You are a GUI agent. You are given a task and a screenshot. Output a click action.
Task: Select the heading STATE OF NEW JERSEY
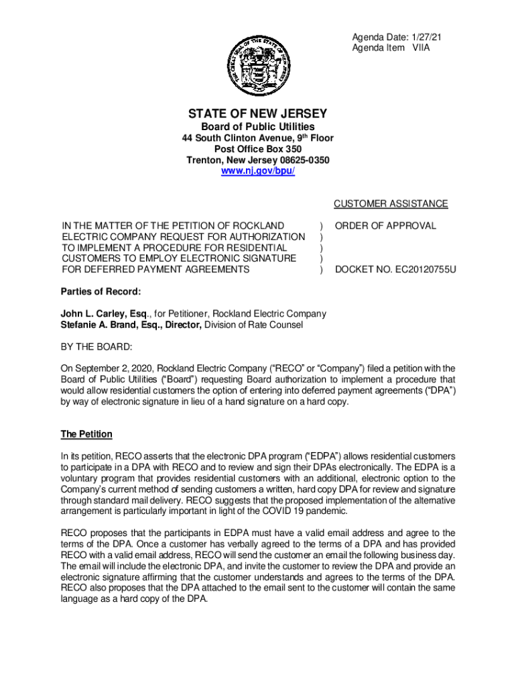tap(257, 113)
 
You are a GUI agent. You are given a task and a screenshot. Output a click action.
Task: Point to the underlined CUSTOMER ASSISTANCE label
tap(391, 204)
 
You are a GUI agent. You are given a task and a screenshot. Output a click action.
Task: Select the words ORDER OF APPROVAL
tap(385, 226)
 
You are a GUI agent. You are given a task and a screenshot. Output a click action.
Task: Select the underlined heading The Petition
tap(86, 435)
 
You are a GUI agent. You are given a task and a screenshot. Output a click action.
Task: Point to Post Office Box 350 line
tap(257, 149)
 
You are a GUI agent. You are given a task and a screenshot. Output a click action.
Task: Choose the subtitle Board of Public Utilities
tap(257, 127)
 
